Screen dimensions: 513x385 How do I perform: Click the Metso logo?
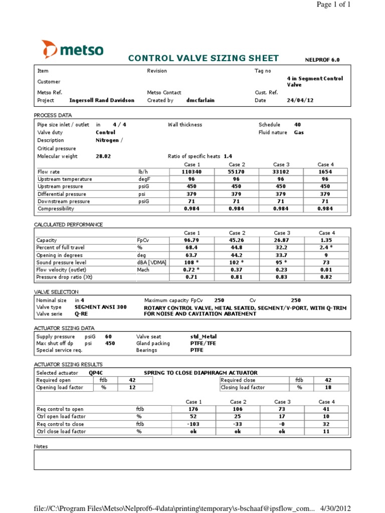73,50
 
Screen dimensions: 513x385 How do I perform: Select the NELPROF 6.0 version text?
322,60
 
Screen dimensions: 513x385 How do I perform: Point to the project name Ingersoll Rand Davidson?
101,100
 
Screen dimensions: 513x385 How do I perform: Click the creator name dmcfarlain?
201,100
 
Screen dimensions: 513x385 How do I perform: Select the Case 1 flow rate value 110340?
193,171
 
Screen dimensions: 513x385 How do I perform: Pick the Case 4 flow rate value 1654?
325,171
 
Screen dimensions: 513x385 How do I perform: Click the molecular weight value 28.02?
103,156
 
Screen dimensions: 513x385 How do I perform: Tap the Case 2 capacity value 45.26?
237,240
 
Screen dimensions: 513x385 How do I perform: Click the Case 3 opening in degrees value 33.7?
281,254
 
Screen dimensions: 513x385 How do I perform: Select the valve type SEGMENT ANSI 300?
100,307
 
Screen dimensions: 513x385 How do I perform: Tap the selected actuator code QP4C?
97,373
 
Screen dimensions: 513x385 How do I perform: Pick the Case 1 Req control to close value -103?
193,424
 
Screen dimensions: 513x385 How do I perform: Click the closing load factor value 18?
328,387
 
